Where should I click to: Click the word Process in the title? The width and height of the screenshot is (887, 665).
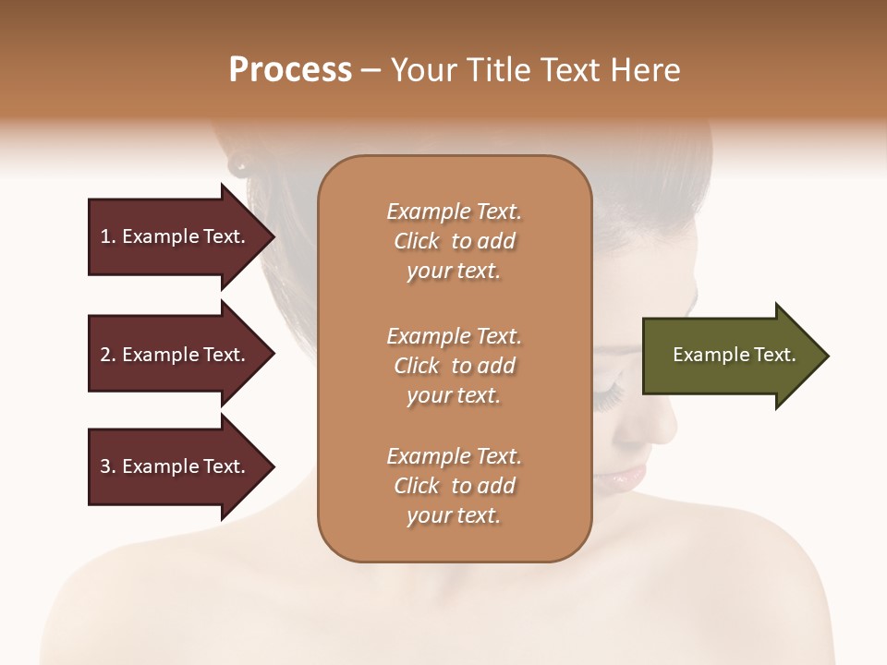point(290,70)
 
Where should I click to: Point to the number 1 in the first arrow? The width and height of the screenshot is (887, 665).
point(104,236)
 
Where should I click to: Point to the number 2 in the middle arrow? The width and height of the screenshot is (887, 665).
point(105,355)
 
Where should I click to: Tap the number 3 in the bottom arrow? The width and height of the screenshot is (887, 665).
point(105,466)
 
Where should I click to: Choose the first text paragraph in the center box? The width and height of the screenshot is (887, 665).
point(454,241)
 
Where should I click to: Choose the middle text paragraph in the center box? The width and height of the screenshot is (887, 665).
point(454,366)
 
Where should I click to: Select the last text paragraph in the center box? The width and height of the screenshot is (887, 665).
point(454,486)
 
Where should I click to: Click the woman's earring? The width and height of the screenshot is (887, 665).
point(239,165)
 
